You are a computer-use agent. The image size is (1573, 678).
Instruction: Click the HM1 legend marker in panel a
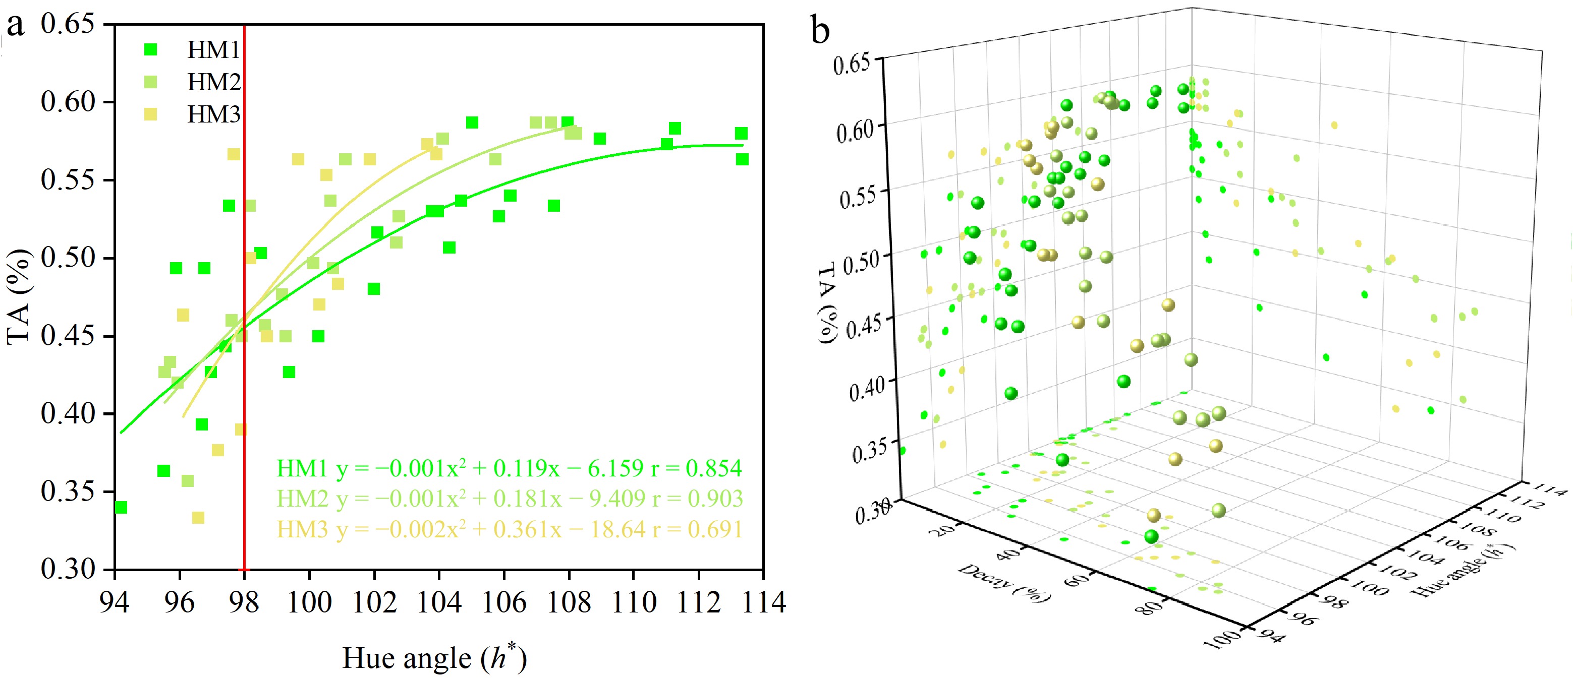pos(150,50)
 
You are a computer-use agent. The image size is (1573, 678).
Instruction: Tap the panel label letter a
pos(15,26)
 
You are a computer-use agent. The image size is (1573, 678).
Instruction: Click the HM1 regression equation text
pos(509,469)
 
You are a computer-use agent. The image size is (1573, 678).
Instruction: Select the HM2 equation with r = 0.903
pos(509,499)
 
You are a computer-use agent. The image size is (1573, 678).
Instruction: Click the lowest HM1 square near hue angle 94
pos(121,508)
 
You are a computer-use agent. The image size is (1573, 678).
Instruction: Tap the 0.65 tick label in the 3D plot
pos(852,64)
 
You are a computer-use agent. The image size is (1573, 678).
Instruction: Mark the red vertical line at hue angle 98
pos(244,366)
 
